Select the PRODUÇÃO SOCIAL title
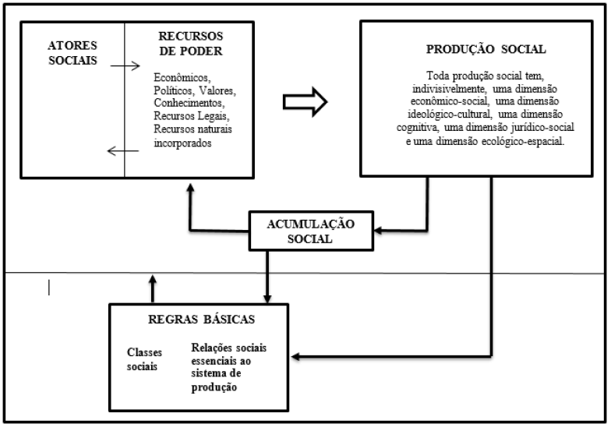click(486, 49)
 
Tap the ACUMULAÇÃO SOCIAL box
click(305, 230)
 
